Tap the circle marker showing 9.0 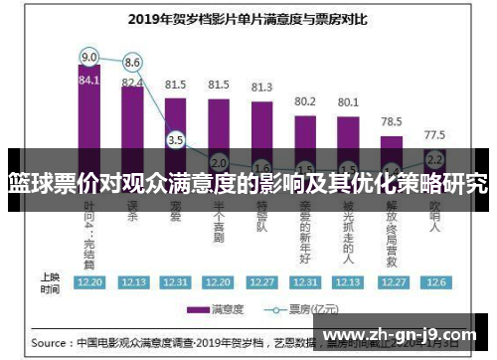coord(89,56)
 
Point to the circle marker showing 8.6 coord(132,62)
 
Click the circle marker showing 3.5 coord(176,140)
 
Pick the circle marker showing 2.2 coord(434,158)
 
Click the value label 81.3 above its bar coord(261,88)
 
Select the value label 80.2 coord(305,101)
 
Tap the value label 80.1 coord(348,102)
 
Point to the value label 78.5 coord(392,121)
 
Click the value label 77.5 coord(434,134)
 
